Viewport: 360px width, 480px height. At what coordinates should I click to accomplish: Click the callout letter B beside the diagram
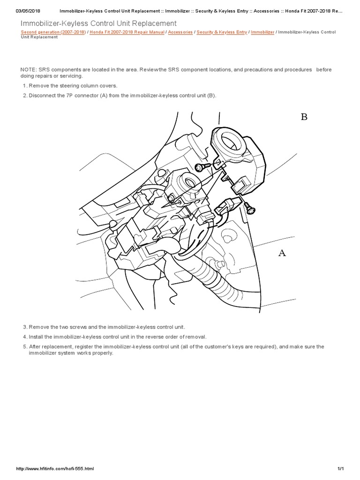(304, 117)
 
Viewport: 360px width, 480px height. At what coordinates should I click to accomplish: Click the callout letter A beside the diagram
(282, 253)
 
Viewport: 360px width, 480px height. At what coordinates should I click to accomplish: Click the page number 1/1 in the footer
(340, 469)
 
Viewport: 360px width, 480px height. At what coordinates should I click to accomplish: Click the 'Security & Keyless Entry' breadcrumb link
(222, 32)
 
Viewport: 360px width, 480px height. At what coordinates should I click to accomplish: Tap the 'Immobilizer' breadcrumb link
(263, 32)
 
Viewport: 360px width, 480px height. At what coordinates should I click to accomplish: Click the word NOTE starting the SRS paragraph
(29, 70)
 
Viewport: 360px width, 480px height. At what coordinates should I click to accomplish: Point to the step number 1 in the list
(24, 86)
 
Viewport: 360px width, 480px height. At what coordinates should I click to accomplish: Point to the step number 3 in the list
(24, 327)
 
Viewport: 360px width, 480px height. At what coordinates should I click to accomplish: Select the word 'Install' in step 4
(36, 337)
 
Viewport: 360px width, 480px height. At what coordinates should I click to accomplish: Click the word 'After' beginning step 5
(36, 347)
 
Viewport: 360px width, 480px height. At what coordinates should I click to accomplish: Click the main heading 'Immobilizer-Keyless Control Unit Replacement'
(99, 23)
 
